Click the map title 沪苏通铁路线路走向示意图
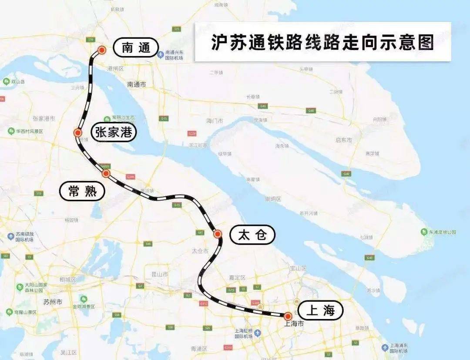tap(322, 42)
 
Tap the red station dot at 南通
tap(102, 50)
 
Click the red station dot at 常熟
tap(106, 174)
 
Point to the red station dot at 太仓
tap(218, 234)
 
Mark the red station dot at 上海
tap(288, 316)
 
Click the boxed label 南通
tap(135, 47)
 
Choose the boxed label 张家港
tap(114, 132)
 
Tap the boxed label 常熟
tap(82, 191)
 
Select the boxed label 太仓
tap(252, 235)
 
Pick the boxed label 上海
tap(321, 311)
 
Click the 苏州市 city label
tap(53, 302)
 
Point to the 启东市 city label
tap(344, 140)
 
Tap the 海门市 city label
tap(214, 121)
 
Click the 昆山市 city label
tap(159, 274)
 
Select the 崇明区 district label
tap(273, 199)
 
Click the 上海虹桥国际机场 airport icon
tap(258, 333)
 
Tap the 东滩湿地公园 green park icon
tap(424, 232)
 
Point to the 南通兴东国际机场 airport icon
tap(161, 54)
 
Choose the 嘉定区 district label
tap(238, 277)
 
